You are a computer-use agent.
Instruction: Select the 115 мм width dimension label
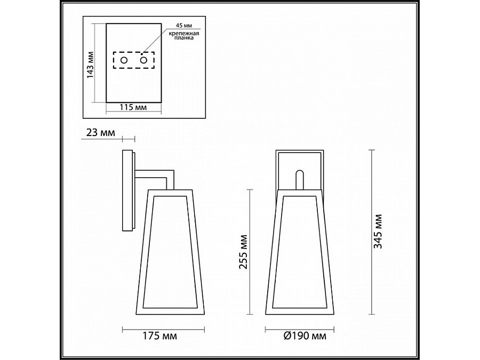[133, 107]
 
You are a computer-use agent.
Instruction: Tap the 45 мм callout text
[184, 26]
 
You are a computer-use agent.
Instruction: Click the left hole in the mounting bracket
[124, 60]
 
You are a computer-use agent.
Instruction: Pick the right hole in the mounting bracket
[144, 60]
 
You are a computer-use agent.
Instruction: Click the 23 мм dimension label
[101, 133]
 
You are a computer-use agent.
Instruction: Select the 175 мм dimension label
[160, 336]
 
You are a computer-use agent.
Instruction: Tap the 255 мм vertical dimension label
[243, 252]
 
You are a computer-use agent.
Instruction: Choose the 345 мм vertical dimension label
[378, 231]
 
